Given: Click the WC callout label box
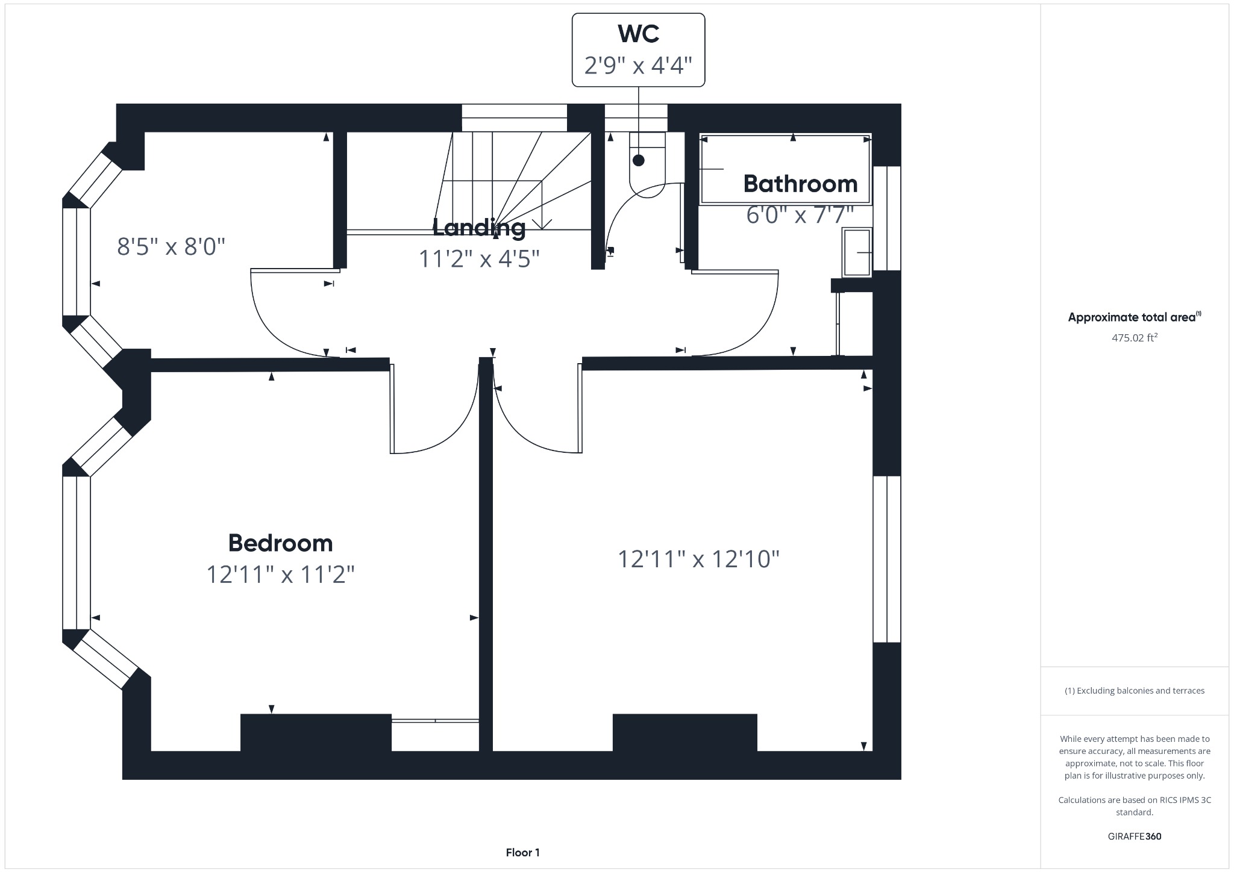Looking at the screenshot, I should (638, 50).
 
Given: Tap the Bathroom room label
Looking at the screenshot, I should (800, 184).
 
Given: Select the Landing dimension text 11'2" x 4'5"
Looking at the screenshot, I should (479, 259).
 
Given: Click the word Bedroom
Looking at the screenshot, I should (280, 543).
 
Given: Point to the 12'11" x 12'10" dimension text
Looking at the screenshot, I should (698, 559).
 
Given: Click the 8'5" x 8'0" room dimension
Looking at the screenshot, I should (171, 246).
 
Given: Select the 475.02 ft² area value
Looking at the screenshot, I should (1134, 338).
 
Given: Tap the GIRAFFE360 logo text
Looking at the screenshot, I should (1134, 836).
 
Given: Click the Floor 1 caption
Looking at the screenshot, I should (522, 852).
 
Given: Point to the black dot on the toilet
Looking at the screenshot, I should (638, 160).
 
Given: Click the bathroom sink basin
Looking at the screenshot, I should (856, 252).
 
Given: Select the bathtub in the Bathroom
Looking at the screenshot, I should (785, 169).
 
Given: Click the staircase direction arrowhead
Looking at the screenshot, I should (542, 224).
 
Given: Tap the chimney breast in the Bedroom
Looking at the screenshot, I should (316, 732).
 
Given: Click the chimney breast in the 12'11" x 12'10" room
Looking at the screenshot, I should (684, 732).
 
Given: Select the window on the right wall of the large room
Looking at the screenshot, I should (887, 559).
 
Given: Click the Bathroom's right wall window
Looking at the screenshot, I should (887, 218).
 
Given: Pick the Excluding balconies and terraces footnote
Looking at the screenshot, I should (1134, 691).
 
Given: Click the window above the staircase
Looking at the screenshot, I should (514, 117).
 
